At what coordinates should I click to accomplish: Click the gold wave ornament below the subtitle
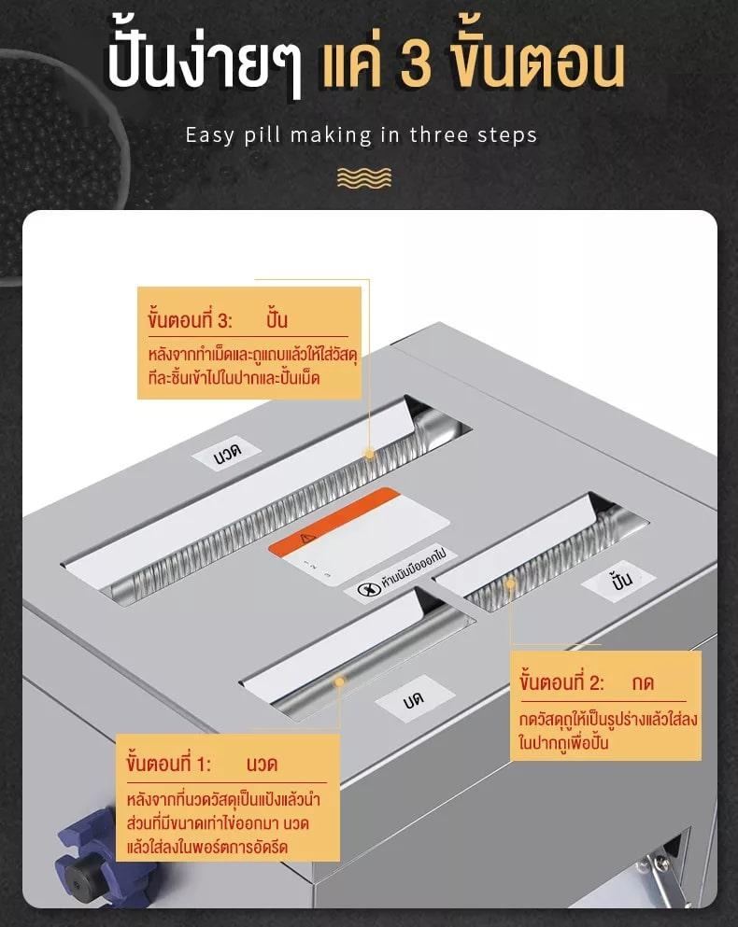tap(363, 177)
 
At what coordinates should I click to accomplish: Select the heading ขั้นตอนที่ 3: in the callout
tap(190, 320)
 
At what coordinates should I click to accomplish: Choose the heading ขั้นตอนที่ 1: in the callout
tap(168, 764)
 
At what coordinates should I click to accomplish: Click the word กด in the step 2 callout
tap(642, 682)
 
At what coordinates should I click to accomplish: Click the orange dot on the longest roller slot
tap(370, 453)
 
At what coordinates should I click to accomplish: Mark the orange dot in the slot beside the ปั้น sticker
tap(510, 584)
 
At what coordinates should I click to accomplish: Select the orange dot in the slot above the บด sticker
tap(339, 681)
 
